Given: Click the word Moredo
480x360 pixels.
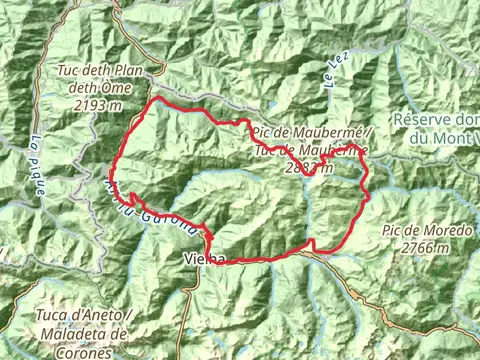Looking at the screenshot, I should pos(444,230).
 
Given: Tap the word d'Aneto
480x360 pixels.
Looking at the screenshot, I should pos(89,316).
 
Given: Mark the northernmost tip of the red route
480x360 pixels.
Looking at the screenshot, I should pos(156,100).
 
